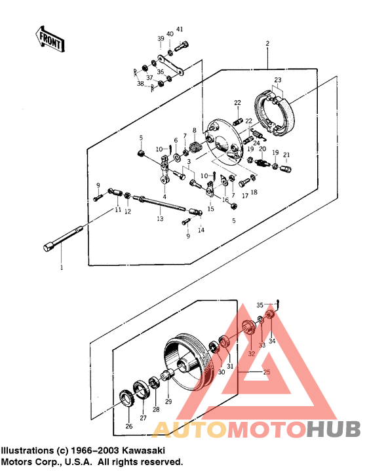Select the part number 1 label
point(62,268)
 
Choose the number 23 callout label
point(278,80)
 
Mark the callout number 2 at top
point(267,44)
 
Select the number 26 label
point(128,426)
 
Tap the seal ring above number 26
point(126,399)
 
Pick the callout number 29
point(168,402)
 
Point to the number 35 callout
point(260,305)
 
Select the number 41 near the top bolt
point(180,29)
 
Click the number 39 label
point(160,39)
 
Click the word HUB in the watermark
point(333,429)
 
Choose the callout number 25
point(266,372)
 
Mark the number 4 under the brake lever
point(164,197)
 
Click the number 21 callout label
point(286,155)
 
